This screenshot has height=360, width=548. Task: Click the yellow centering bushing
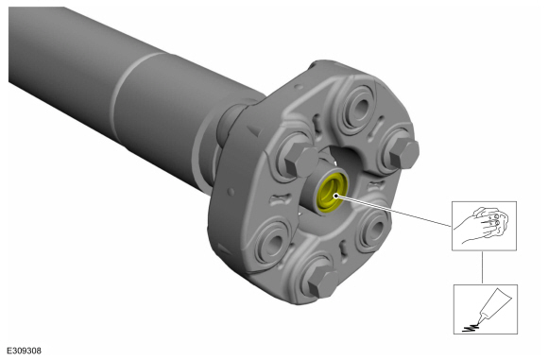pos(332,193)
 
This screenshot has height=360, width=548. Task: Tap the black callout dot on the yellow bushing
pos(335,196)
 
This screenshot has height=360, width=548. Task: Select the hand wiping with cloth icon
pos(484,226)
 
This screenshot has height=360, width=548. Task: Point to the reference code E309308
pos(25,351)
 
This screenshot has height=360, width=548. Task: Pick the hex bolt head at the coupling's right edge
pos(404,154)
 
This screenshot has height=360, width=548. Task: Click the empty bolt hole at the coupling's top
pos(358,108)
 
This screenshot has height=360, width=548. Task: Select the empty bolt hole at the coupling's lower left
pos(274,242)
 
